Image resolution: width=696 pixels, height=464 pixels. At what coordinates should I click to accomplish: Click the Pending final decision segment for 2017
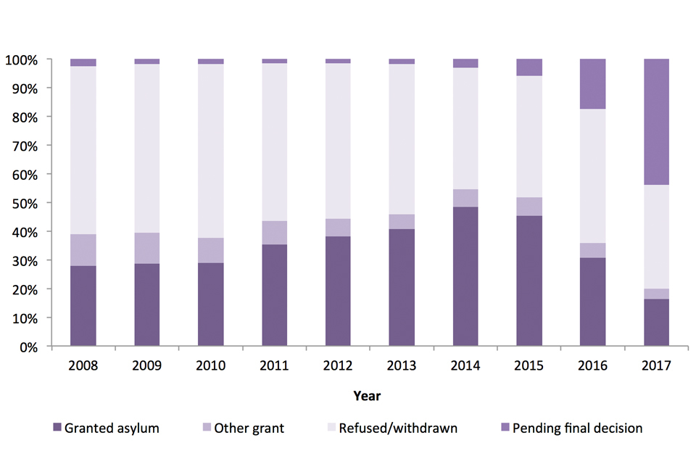(x=657, y=122)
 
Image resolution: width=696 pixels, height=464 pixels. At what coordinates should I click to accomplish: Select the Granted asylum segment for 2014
(x=465, y=277)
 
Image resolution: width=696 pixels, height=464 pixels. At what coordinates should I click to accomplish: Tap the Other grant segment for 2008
(x=83, y=250)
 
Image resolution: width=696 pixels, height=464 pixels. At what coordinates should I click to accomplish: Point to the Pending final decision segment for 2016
(x=593, y=84)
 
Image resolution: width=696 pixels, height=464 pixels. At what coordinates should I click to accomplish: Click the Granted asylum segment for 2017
(x=657, y=323)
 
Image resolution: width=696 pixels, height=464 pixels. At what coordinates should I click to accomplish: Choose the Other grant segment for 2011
(x=275, y=233)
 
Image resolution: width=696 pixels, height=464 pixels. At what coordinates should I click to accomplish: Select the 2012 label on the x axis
(x=339, y=366)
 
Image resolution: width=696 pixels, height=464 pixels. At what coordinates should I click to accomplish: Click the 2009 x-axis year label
(x=147, y=366)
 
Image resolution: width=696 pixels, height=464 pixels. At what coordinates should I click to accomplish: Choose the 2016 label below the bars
(x=593, y=366)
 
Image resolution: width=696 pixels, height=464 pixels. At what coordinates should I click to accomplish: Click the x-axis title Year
(x=367, y=396)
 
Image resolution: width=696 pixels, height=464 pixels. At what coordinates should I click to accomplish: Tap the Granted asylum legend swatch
(x=56, y=428)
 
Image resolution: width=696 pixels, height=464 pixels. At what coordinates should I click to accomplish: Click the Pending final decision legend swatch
(x=504, y=428)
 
